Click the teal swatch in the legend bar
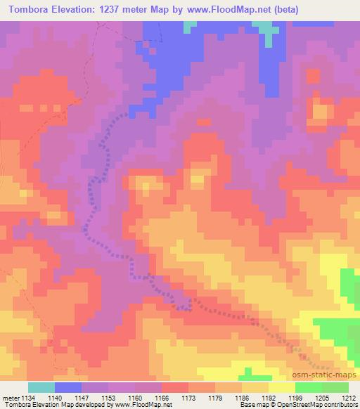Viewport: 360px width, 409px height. tap(41, 387)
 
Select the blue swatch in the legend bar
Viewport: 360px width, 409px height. tap(68, 387)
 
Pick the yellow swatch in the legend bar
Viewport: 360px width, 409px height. tap(282, 387)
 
